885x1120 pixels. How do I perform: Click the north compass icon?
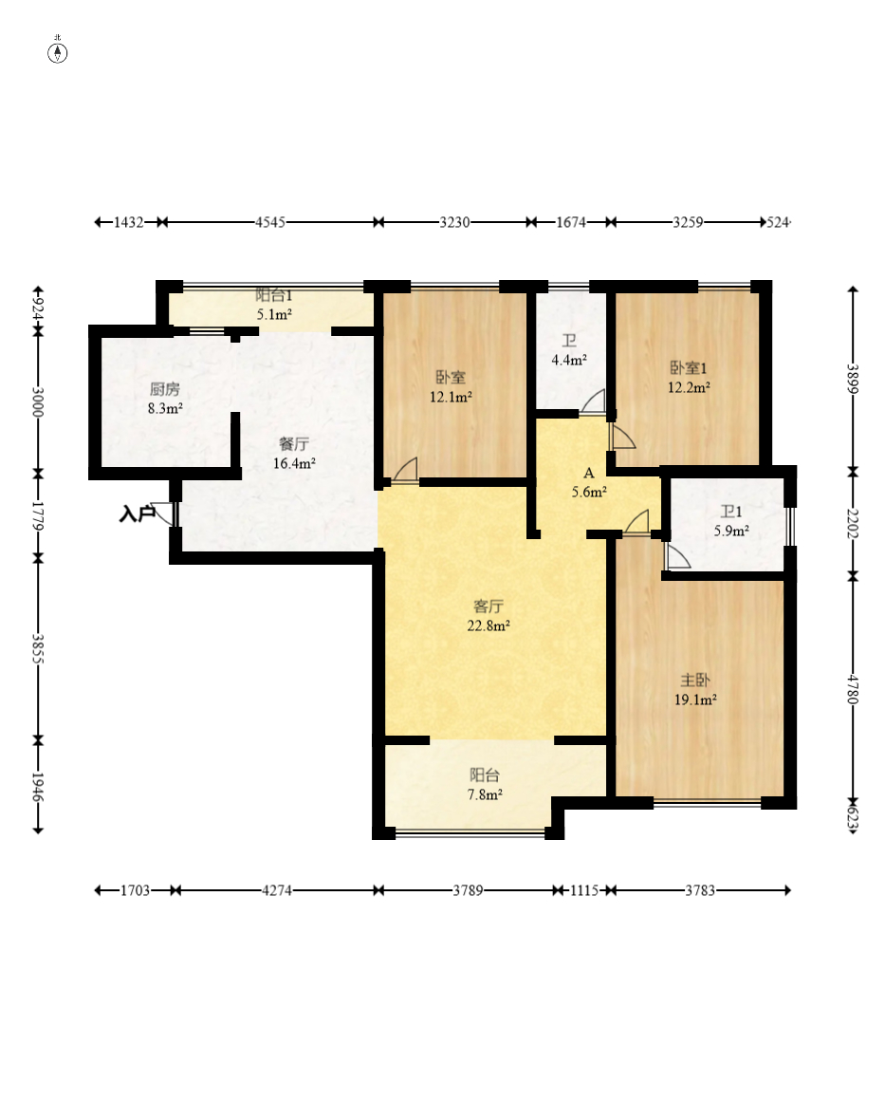point(58,53)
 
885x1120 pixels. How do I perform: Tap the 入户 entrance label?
point(137,513)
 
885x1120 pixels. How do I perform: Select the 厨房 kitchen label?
point(164,389)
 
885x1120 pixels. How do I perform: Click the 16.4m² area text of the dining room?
point(294,463)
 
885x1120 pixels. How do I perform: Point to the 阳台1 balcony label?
point(274,295)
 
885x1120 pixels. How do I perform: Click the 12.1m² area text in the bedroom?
point(451,397)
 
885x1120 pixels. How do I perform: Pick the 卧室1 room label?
point(688,368)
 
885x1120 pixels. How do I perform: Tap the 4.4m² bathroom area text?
point(569,361)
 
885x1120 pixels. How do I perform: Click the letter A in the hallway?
point(589,473)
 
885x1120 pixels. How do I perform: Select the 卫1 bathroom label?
point(730,512)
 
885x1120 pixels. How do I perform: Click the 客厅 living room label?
point(489,607)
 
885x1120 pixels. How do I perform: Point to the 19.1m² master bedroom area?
point(695,700)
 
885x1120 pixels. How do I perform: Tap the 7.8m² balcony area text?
point(485,795)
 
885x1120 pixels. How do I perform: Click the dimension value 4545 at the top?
point(270,222)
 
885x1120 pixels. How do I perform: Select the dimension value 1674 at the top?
point(571,222)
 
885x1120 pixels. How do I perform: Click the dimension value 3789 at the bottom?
point(468,890)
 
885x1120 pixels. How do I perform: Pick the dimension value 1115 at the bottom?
point(583,890)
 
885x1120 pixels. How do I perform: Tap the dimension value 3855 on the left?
point(39,649)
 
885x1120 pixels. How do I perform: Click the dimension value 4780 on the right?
point(852,689)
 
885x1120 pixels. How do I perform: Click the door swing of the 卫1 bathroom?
point(676,557)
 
